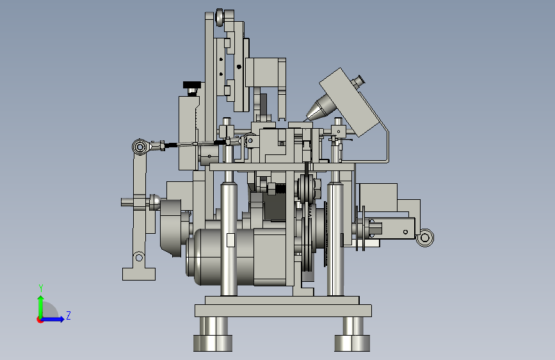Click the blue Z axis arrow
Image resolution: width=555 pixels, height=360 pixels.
pyautogui.click(x=52, y=319)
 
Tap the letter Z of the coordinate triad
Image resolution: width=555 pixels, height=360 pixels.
pyautogui.click(x=68, y=315)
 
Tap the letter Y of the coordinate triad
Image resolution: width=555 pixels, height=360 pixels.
pyautogui.click(x=41, y=288)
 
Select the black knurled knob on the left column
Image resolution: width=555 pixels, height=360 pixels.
pyautogui.click(x=192, y=85)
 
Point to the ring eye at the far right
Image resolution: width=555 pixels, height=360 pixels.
pyautogui.click(x=425, y=238)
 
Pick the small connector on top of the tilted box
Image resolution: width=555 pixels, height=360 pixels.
pyautogui.click(x=358, y=81)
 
